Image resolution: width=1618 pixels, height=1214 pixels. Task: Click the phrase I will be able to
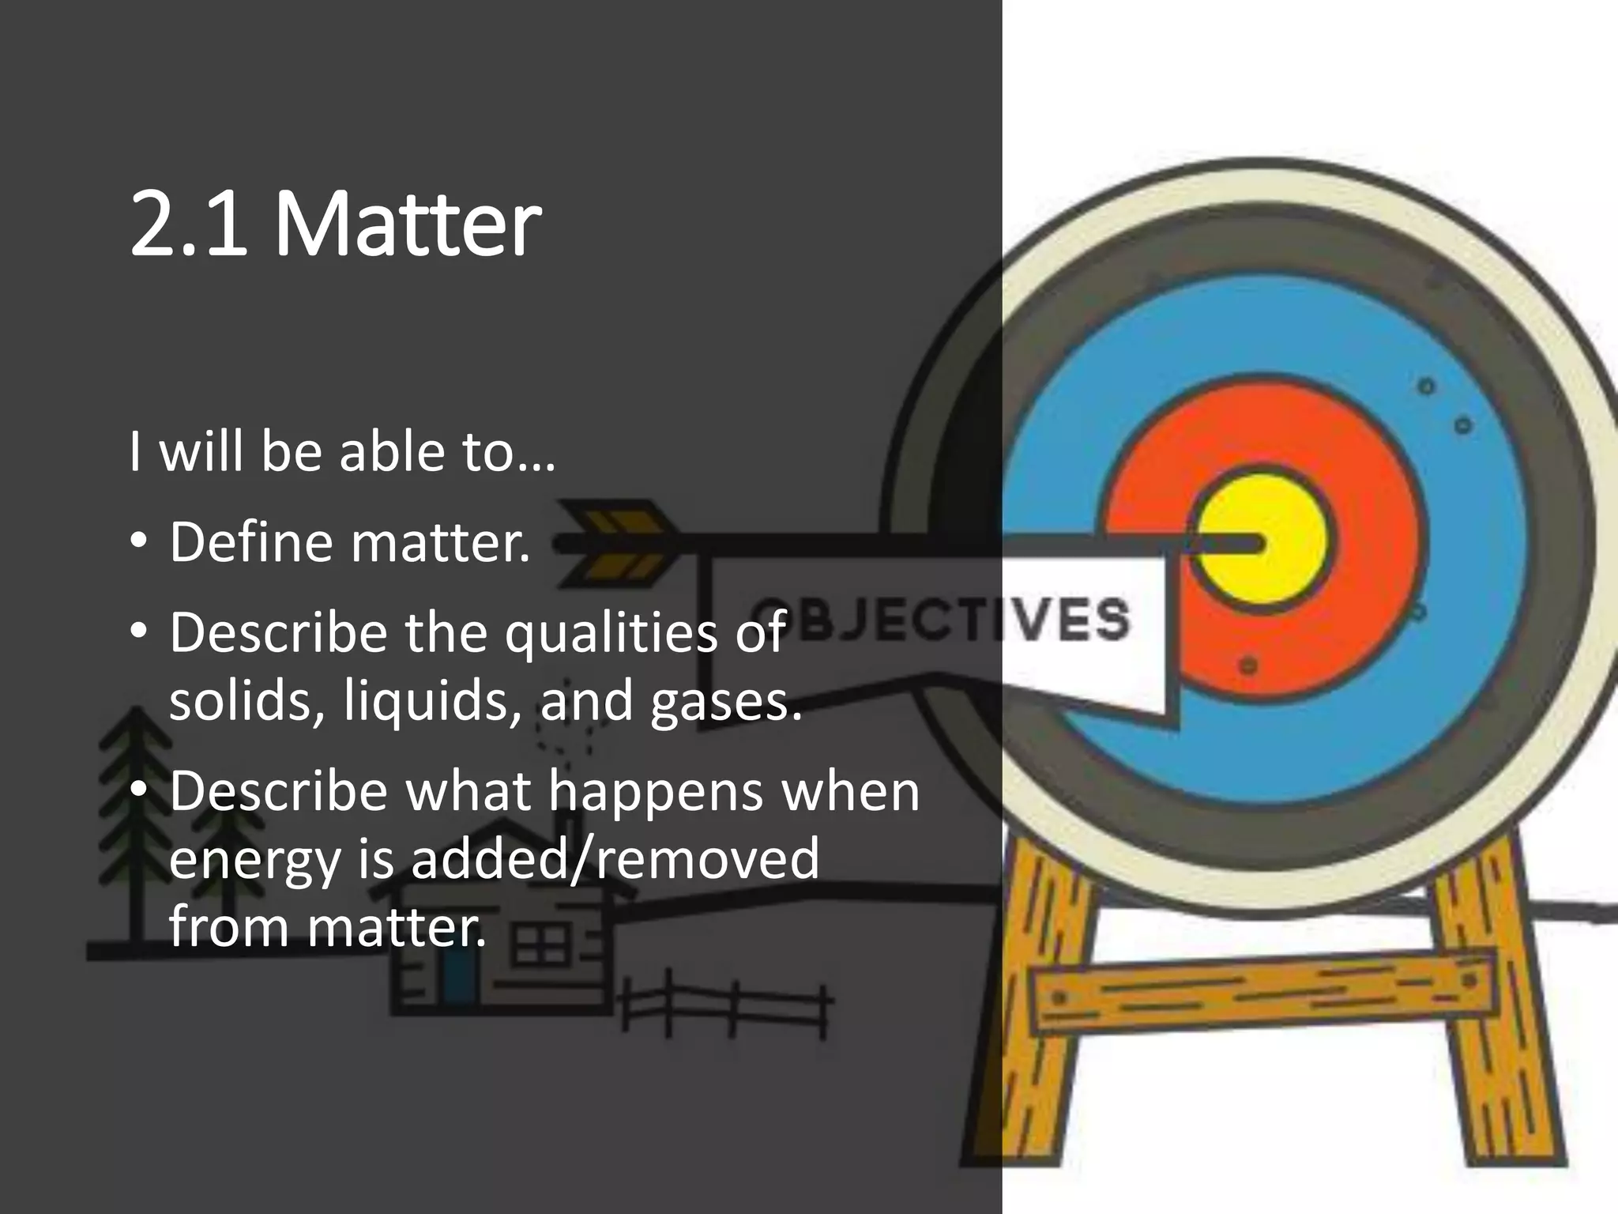point(342,452)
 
